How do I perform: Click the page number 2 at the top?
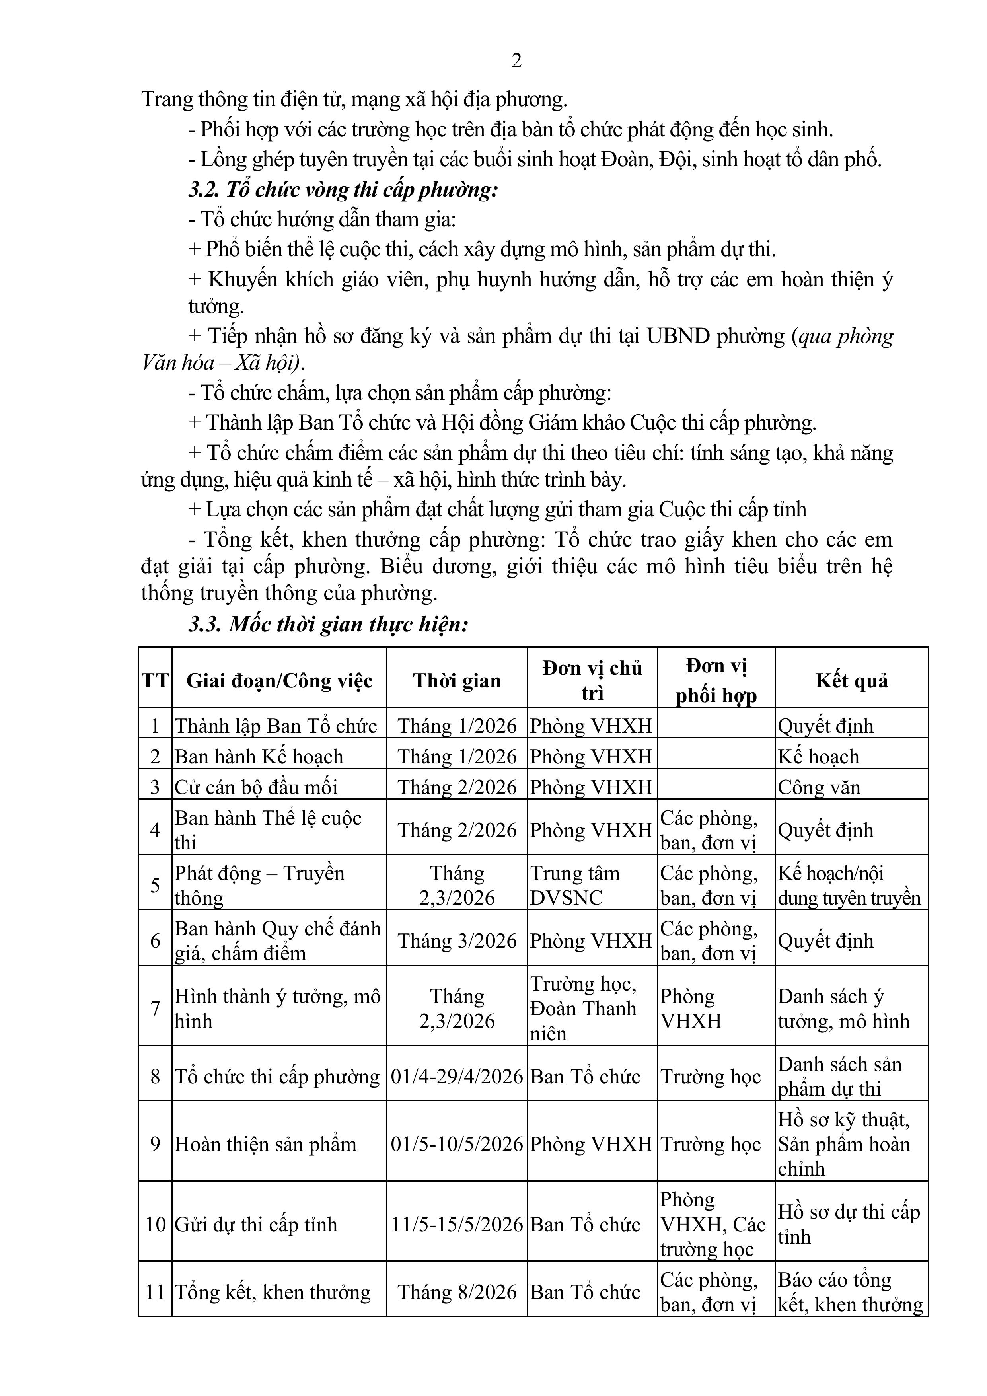[516, 61]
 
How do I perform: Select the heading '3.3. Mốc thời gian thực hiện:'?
[328, 625]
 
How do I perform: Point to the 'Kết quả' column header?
[851, 680]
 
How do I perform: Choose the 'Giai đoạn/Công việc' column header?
[279, 680]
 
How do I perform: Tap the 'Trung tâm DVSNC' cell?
[575, 885]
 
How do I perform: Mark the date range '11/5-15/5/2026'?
[457, 1224]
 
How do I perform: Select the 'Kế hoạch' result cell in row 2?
[819, 756]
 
